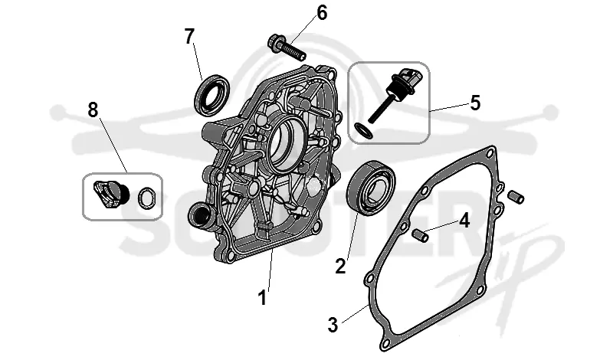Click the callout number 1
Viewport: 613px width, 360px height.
[262, 297]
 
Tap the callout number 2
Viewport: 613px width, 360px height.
[340, 267]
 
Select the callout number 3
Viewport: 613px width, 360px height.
[333, 325]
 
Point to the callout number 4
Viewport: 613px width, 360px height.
[464, 221]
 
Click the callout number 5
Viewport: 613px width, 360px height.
[475, 103]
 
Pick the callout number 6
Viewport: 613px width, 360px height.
[322, 13]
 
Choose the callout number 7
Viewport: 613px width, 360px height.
[189, 37]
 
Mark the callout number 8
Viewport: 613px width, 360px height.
[93, 110]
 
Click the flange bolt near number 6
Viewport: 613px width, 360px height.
[287, 47]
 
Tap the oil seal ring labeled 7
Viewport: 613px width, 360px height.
[212, 95]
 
